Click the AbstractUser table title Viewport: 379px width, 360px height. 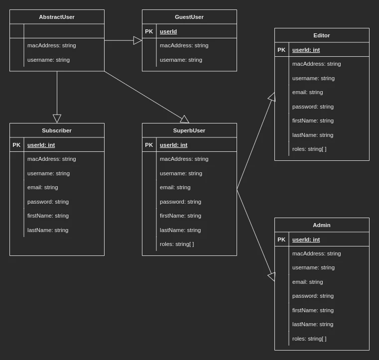tap(57, 17)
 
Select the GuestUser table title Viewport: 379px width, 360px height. tap(189, 17)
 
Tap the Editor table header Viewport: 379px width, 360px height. tap(322, 35)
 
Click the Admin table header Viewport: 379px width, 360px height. tap(322, 225)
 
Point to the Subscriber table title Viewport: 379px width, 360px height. tap(57, 130)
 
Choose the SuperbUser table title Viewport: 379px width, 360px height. tap(189, 130)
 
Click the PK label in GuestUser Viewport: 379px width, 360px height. tap(149, 31)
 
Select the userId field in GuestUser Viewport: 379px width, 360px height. tap(168, 31)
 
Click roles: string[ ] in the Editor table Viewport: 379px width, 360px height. tap(309, 149)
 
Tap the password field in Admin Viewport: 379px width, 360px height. tap(313, 296)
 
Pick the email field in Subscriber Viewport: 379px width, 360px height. tap(42, 187)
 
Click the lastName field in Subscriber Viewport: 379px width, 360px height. tap(48, 230)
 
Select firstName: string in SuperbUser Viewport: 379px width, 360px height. tap(180, 216)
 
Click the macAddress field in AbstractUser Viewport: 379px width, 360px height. tap(52, 45)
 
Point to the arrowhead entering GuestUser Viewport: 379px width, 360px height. tap(137, 40)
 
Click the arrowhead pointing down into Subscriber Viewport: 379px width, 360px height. tap(57, 119)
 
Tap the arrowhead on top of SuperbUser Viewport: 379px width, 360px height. tap(185, 120)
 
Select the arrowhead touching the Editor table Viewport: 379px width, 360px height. tap(272, 97)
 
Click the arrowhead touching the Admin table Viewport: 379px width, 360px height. tap(272, 276)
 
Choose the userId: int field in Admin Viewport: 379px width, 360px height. tap(306, 240)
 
